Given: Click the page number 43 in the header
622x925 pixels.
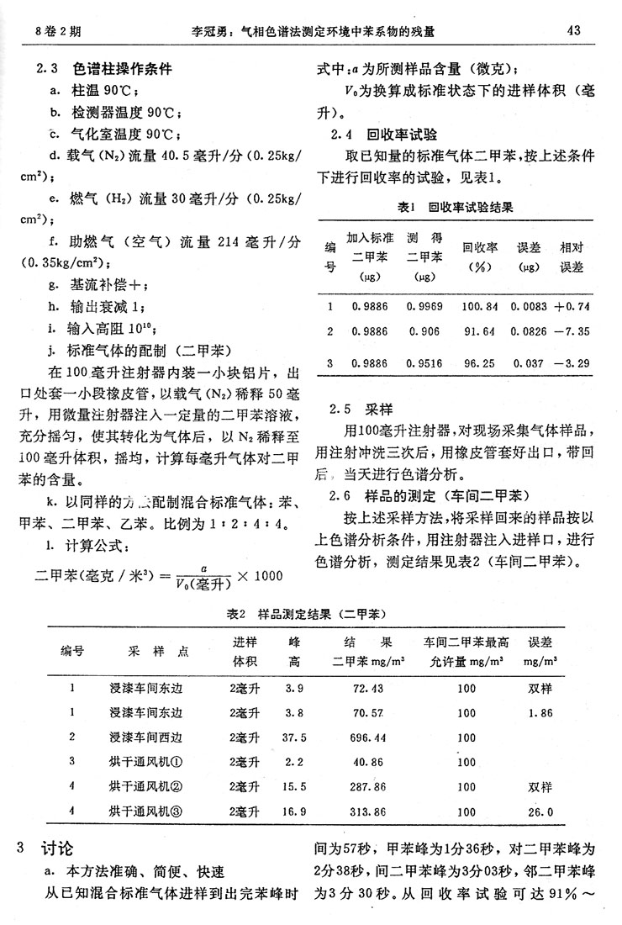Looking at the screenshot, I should click(575, 31).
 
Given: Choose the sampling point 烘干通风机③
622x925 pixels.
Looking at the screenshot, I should click(145, 811).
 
